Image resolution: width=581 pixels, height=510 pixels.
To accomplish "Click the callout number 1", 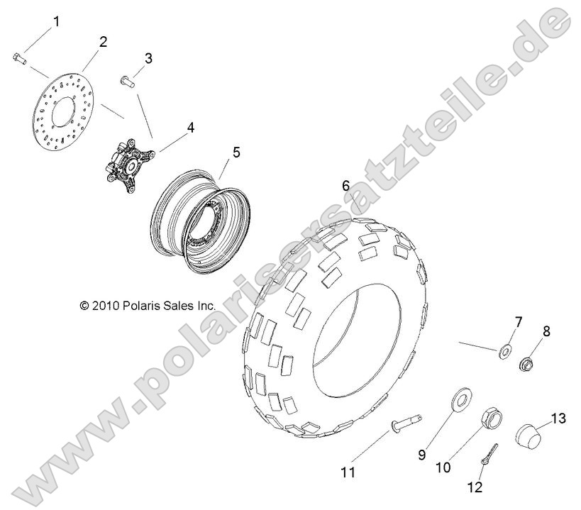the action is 56,21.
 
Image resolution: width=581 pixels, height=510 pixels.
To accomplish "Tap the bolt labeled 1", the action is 19,58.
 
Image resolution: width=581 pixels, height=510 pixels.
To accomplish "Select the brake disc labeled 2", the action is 63,111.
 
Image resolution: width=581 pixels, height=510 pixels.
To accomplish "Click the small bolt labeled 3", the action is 128,82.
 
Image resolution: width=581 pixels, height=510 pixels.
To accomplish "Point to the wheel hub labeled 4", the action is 128,165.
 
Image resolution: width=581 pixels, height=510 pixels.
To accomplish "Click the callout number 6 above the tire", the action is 345,186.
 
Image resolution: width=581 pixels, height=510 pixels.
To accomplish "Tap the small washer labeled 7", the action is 504,350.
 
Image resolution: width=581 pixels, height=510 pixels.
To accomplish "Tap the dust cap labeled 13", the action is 529,437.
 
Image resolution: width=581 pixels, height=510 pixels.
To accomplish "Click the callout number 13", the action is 558,418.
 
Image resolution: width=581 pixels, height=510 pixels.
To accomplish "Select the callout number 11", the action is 348,472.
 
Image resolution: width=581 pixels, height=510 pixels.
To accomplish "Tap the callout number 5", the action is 236,152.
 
